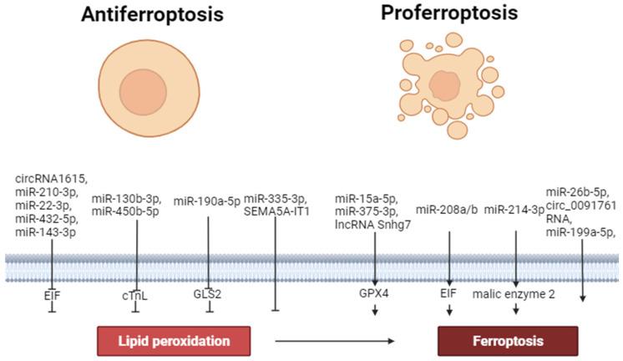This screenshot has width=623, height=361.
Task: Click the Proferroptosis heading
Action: pyautogui.click(x=449, y=13)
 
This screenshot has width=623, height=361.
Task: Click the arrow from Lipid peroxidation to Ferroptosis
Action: pyautogui.click(x=334, y=341)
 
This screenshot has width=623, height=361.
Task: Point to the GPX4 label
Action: pyautogui.click(x=375, y=294)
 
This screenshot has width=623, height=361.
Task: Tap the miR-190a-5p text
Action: pyautogui.click(x=207, y=201)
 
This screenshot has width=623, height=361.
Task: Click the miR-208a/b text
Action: pyautogui.click(x=448, y=209)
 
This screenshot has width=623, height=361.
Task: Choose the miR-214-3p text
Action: pyautogui.click(x=515, y=209)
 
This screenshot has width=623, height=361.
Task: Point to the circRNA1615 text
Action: pyautogui.click(x=51, y=178)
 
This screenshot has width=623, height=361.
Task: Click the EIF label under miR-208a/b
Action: pyautogui.click(x=449, y=294)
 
